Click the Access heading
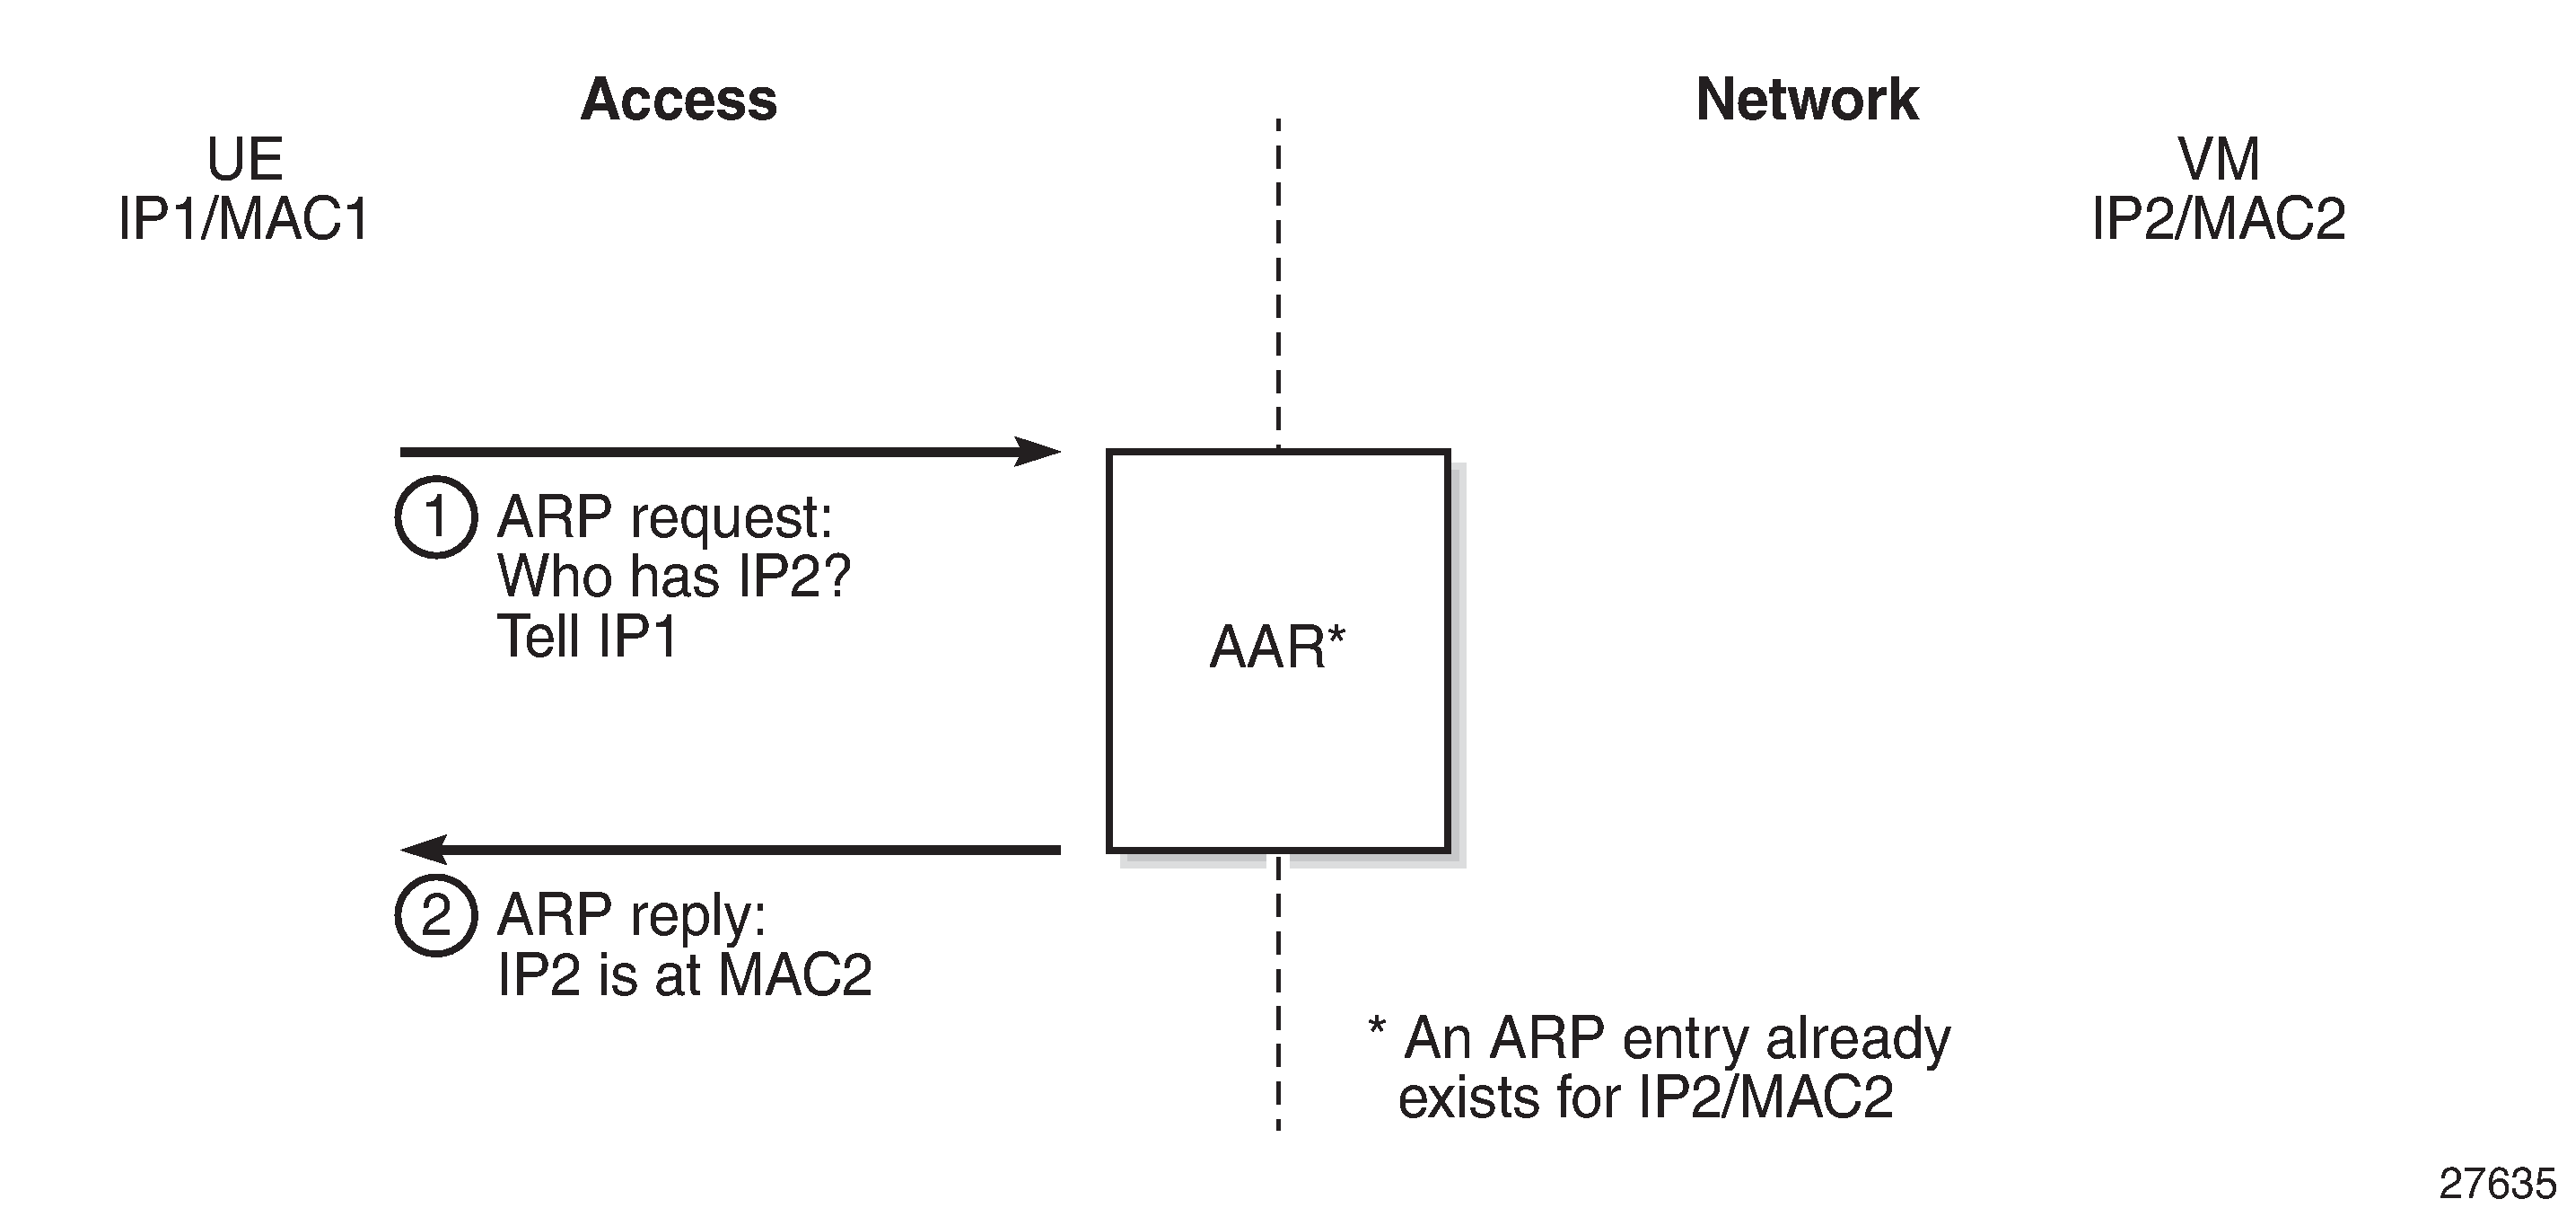[679, 100]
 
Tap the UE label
[244, 159]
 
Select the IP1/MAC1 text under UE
[243, 218]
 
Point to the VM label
[2219, 159]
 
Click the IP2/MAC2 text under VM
[2219, 218]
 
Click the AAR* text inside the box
[1276, 648]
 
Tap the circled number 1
[436, 517]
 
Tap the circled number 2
[436, 915]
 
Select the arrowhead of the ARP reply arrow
[423, 850]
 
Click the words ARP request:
[664, 517]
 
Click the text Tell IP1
[587, 636]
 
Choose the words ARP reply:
[632, 915]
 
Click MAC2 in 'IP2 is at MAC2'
[794, 974]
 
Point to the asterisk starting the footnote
[1376, 1027]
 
